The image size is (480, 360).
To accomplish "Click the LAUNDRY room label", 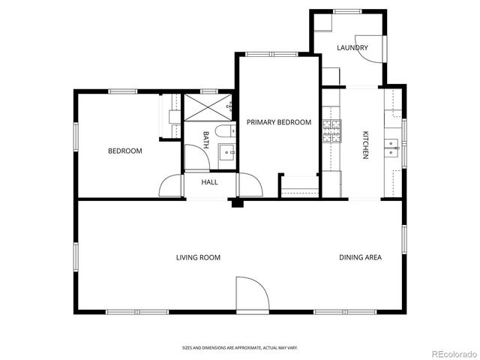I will click(352, 48).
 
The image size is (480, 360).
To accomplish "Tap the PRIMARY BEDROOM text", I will click(279, 122).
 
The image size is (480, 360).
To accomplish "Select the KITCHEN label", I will click(365, 145).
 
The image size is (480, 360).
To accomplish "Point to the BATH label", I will click(206, 139).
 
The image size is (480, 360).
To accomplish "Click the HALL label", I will click(209, 181).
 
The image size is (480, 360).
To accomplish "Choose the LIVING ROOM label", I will click(198, 257).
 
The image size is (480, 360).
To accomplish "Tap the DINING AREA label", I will click(360, 257).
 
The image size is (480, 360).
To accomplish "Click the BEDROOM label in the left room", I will click(124, 151).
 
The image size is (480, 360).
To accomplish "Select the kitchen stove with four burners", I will click(331, 132).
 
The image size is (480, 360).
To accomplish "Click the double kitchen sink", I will click(391, 144).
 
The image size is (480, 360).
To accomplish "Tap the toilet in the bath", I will click(224, 131).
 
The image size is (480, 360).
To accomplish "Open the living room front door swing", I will click(251, 294).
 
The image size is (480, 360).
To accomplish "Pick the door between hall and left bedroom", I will click(171, 186).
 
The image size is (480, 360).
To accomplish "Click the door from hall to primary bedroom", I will click(248, 185).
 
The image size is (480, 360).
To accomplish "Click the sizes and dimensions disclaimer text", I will click(239, 347).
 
